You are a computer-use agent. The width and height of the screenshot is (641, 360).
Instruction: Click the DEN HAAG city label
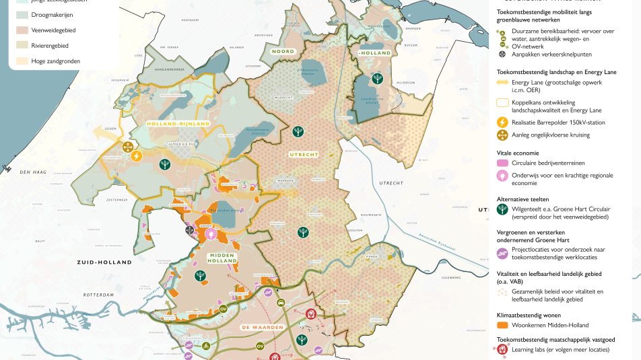(x=32, y=173)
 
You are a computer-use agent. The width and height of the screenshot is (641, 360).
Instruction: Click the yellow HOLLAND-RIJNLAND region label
(x=178, y=123)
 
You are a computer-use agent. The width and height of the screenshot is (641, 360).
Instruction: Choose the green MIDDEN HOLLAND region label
(x=222, y=259)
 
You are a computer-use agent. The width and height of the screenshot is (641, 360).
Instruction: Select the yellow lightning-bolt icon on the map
(x=136, y=156)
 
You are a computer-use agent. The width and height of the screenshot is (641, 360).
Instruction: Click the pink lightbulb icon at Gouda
(x=212, y=233)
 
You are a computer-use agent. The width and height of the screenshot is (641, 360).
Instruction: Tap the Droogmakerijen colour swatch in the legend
(x=22, y=14)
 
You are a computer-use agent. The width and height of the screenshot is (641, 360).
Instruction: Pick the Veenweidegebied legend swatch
(x=22, y=30)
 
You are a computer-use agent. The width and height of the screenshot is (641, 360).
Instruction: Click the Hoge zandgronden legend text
(x=55, y=61)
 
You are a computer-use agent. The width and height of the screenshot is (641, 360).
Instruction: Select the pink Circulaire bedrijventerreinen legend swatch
(x=502, y=163)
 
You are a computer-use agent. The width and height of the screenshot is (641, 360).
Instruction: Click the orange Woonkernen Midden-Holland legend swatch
(x=502, y=325)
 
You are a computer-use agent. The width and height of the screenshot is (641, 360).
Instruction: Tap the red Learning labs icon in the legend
(x=502, y=349)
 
